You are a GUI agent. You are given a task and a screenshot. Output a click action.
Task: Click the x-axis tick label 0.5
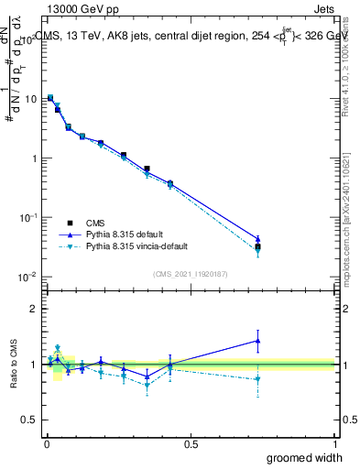(x=191, y=442)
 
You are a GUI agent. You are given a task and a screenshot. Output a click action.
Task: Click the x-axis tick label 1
(x=334, y=442)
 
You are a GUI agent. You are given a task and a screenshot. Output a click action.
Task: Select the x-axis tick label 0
(x=47, y=442)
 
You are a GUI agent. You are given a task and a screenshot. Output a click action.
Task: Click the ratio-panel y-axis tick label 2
(x=35, y=309)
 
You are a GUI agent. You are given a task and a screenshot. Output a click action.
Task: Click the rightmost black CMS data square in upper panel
(x=257, y=246)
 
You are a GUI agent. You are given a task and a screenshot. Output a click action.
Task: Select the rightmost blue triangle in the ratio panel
(x=257, y=341)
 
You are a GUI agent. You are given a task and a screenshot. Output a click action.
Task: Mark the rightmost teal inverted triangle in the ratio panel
(x=257, y=379)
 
